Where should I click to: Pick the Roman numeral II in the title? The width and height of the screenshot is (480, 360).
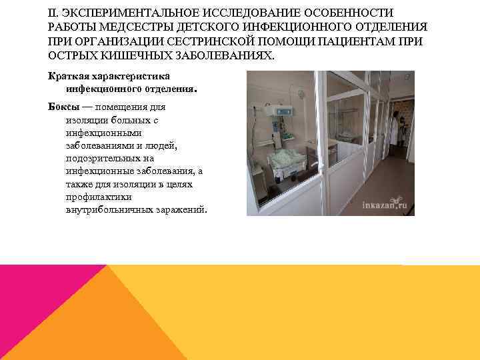pyautogui.click(x=53, y=13)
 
